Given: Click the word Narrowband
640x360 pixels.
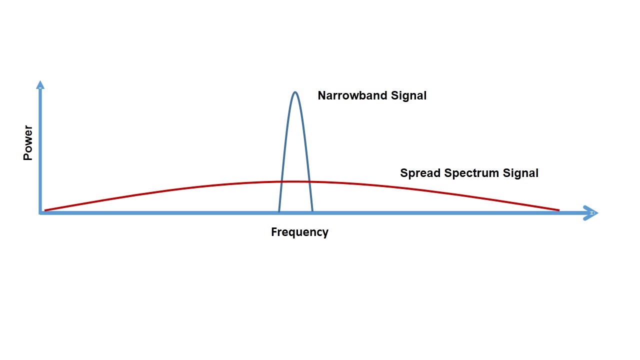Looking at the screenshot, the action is click(x=352, y=95).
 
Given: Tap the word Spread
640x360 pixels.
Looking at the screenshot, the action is click(x=420, y=173).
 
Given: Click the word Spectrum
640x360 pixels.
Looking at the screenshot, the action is click(x=471, y=173).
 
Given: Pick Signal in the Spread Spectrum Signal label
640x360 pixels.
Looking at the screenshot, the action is click(x=520, y=173).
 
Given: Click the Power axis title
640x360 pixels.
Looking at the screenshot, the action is click(x=28, y=142).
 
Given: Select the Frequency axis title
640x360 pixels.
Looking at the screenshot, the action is click(x=299, y=232).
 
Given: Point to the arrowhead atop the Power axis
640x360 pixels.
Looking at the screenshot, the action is click(x=40, y=84).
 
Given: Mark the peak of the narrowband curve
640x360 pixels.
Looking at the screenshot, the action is click(x=295, y=92).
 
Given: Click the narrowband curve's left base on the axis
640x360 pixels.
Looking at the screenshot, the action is click(x=279, y=211).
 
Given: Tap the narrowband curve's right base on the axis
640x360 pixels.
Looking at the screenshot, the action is click(x=312, y=211).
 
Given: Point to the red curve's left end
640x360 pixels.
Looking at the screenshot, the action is click(x=45, y=210).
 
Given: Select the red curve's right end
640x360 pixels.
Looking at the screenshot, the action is click(x=559, y=210).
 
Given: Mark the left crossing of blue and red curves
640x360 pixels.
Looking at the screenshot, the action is click(x=281, y=181).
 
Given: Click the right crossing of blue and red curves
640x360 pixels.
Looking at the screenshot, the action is click(x=309, y=181).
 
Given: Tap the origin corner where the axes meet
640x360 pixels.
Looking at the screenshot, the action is click(x=40, y=213).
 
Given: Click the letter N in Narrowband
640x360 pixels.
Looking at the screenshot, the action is click(x=322, y=95).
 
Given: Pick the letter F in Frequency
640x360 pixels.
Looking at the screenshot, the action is click(x=274, y=231).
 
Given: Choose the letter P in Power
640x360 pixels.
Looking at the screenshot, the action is click(x=28, y=156).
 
